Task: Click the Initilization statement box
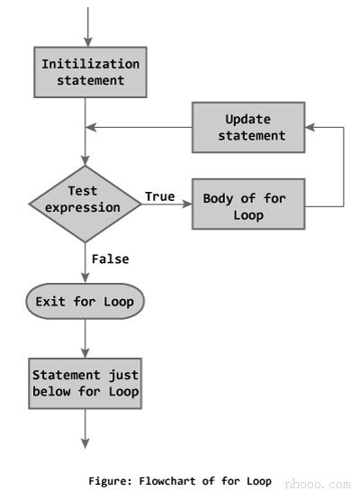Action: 90,73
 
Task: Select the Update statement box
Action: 247,127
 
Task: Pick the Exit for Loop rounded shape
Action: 85,302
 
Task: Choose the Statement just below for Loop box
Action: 86,383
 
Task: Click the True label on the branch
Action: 159,196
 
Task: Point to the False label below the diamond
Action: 110,259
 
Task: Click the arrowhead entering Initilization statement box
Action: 86,41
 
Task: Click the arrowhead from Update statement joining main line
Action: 91,127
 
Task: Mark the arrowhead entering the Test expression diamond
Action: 86,163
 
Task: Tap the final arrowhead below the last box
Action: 86,441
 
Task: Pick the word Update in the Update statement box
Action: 247,119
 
